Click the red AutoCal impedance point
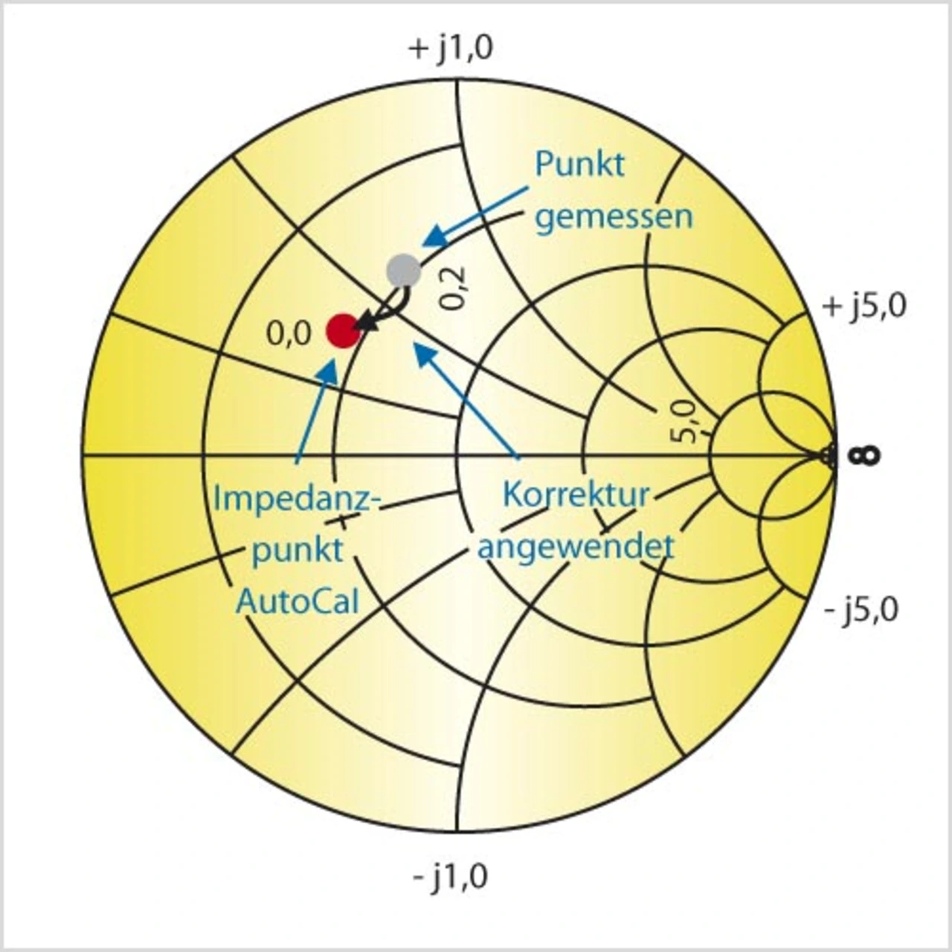[x=344, y=331]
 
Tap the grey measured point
[x=404, y=271]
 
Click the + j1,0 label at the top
[x=451, y=50]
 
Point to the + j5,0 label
[x=864, y=306]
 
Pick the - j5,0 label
[x=861, y=610]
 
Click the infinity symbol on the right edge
[x=869, y=455]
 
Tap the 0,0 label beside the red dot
[x=289, y=335]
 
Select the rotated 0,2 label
[x=453, y=287]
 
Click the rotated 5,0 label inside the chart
[x=684, y=421]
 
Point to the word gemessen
[x=614, y=217]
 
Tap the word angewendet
[x=575, y=547]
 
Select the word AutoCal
[x=297, y=601]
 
